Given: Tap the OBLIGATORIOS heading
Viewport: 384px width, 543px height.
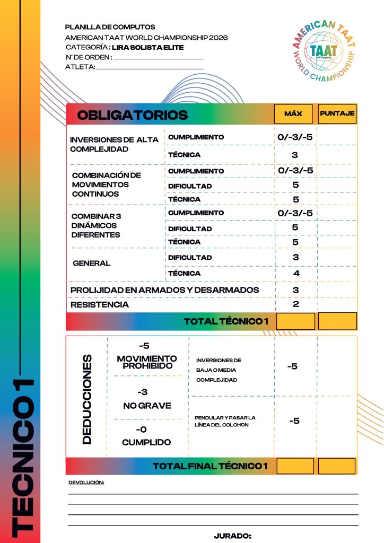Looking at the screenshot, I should coord(133,115).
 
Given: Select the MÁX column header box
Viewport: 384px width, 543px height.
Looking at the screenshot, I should coord(293,113).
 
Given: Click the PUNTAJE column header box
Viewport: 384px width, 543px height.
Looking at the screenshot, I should coord(337,113).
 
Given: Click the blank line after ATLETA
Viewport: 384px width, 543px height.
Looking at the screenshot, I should coord(150,68).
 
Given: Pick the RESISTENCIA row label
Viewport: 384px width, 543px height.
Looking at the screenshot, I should coord(100,305).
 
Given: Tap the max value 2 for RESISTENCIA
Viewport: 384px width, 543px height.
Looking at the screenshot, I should coord(296,304).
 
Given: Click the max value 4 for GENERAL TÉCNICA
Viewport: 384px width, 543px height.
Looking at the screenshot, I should coord(296,274).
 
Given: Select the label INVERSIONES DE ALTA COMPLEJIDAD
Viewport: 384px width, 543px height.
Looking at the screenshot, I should coord(114,144).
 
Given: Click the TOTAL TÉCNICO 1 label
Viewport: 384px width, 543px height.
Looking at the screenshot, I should coord(226,321).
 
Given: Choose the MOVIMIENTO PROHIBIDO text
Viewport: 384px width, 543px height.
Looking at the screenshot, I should coord(147,363).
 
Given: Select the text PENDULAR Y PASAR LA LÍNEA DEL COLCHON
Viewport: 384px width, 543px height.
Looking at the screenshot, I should coord(225,421).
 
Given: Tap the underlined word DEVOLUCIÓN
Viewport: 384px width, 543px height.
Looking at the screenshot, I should coord(86,483).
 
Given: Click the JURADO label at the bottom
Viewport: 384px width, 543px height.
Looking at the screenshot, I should coord(232,536).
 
